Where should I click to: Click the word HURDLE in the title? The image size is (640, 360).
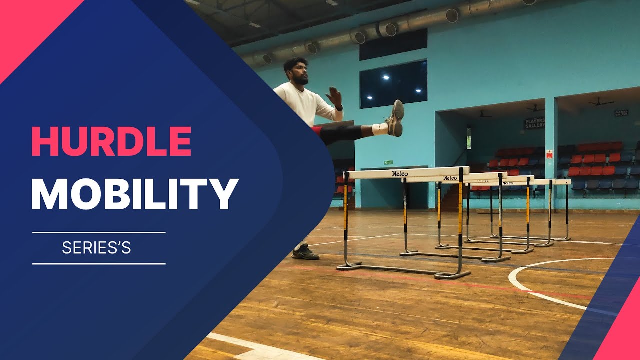(x=111, y=141)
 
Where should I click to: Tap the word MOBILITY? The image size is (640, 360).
(x=134, y=194)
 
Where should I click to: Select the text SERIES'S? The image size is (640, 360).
(x=96, y=248)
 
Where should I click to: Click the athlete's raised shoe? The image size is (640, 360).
(x=396, y=118)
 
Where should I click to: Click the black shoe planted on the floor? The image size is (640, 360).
(x=305, y=253)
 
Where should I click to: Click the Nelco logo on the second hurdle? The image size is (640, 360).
(x=450, y=178)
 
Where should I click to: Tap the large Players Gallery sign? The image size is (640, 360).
(x=534, y=123)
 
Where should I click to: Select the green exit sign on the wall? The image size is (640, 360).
(x=388, y=162)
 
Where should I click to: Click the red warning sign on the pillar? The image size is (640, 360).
(x=549, y=154)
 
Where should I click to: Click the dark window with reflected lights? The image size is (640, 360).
(x=393, y=84)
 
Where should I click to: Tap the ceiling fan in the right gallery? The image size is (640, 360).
(x=600, y=102)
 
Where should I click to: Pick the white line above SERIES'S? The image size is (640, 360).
(x=99, y=232)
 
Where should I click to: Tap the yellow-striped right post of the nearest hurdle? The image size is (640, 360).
(x=460, y=210)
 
